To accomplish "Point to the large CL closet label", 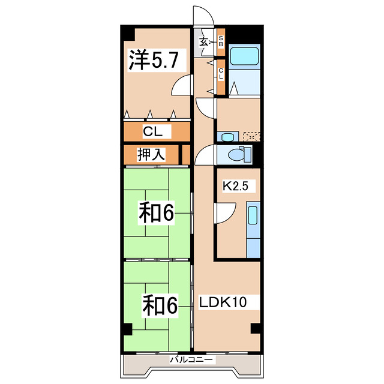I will pos(156,131).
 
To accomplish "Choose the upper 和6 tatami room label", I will pos(157,213).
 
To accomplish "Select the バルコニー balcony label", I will pos(191,360).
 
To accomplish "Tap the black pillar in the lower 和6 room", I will pos(127,329).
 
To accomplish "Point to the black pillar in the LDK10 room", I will pos(256,328).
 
